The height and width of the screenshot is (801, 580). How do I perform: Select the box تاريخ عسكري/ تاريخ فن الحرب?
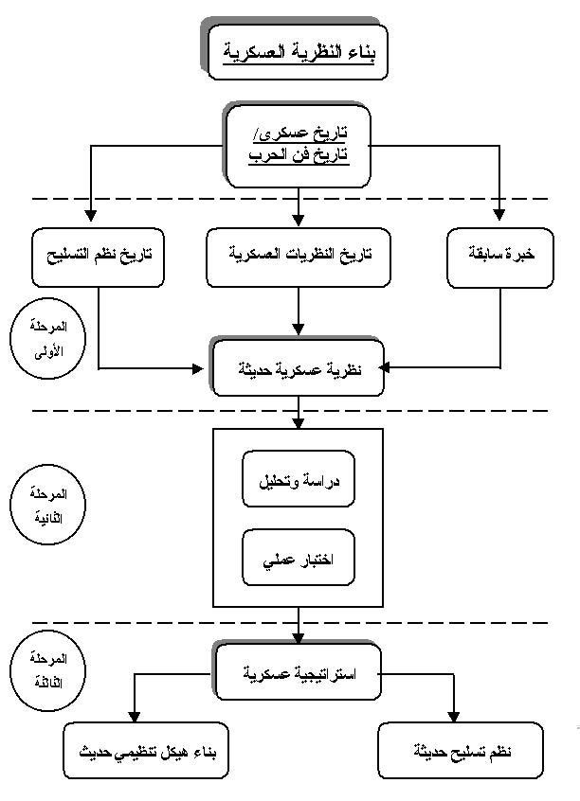tap(297, 144)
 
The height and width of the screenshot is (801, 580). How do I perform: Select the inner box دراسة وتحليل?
tap(298, 479)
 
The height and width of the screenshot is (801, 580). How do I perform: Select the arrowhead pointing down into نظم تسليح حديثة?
tap(457, 716)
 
